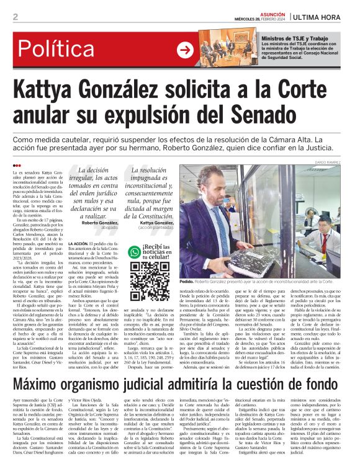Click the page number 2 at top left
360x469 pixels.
click(16, 17)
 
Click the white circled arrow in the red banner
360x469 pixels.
click(185, 50)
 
